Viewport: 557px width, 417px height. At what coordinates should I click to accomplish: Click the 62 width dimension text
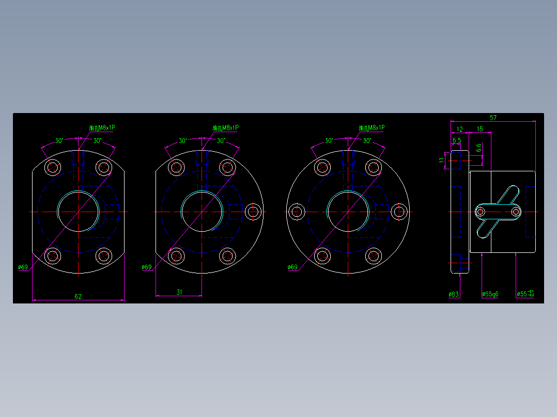coord(78,296)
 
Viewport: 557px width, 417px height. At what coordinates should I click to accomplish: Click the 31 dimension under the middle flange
coord(179,292)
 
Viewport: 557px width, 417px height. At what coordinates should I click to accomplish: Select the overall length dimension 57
coord(493,118)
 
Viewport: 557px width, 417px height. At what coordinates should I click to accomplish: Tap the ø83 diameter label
coord(454,295)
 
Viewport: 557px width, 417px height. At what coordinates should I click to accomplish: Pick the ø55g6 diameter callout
coord(490,295)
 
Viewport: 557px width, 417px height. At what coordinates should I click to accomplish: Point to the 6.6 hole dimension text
coord(478,148)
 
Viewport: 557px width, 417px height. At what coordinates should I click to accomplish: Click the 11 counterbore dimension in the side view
coord(441,160)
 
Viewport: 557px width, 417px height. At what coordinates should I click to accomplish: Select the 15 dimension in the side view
coord(479,129)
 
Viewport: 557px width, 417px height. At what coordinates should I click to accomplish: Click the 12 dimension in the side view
coord(460,129)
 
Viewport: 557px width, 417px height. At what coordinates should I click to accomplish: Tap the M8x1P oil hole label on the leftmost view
coord(102,127)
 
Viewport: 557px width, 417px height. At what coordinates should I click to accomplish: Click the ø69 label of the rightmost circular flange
coord(292,267)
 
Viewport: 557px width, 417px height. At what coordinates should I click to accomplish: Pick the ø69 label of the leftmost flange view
coord(23,267)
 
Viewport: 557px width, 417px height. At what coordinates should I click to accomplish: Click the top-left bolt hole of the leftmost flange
coord(53,167)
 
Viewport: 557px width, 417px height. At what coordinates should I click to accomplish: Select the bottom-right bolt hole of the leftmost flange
coord(104,255)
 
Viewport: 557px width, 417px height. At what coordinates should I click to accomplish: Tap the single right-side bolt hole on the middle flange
coord(253,211)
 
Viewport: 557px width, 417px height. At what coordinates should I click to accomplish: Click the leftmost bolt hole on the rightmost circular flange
coord(297,211)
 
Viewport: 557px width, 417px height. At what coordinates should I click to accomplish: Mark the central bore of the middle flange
coord(202,211)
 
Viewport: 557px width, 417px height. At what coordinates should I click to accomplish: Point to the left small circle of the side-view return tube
coord(480,212)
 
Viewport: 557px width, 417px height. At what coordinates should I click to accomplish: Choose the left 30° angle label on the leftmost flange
coord(59,140)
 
